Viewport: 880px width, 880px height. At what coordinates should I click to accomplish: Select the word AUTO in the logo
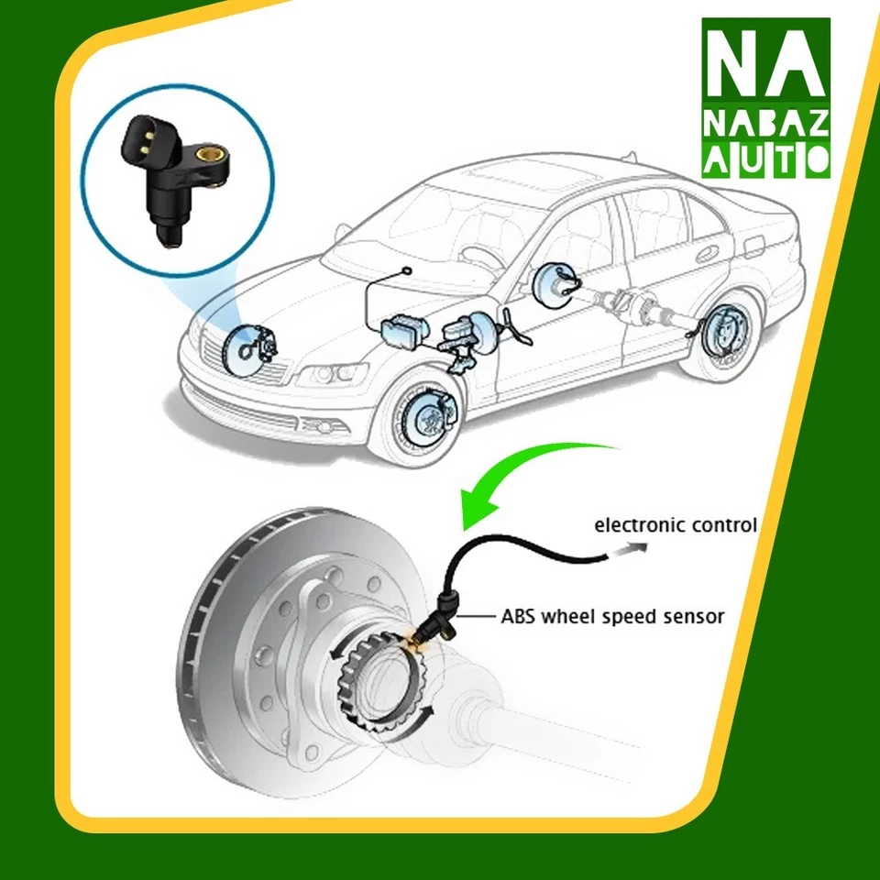[766, 162]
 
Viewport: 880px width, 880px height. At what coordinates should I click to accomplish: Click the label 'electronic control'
[676, 525]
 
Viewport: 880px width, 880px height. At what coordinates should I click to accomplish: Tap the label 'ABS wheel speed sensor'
[612, 616]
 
